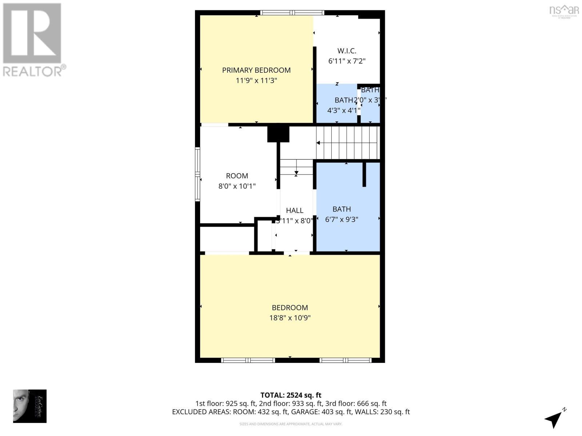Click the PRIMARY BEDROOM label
coord(256,70)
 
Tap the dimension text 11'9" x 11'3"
coord(256,80)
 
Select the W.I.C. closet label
coord(347,51)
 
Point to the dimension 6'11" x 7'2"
coord(347,61)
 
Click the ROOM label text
coord(237,176)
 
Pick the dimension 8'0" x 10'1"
coord(237,186)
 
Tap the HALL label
coord(294,210)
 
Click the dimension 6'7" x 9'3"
coord(342,219)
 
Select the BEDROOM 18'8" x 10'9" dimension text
coord(290,318)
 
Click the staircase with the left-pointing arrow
coord(347,143)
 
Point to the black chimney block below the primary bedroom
coord(278,134)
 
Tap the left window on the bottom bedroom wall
coord(248,360)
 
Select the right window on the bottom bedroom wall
coord(345,360)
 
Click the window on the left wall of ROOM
coord(198,174)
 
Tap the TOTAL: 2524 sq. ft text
coord(291,395)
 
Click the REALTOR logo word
coord(34,71)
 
